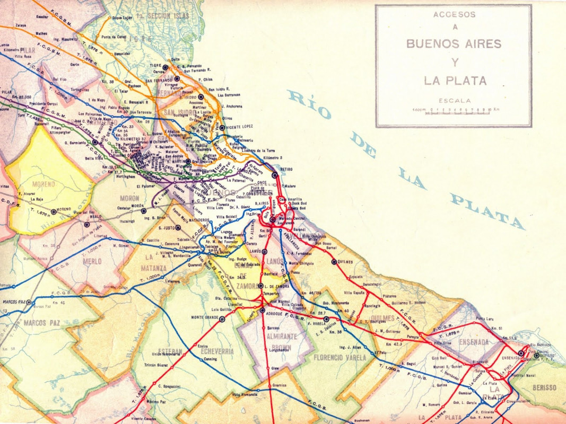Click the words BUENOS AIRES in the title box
(454, 43)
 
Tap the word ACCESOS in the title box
(454, 15)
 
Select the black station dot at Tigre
(166, 67)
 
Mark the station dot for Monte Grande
(223, 319)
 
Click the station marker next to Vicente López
(222, 128)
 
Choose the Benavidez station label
(121, 54)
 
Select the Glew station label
(275, 368)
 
